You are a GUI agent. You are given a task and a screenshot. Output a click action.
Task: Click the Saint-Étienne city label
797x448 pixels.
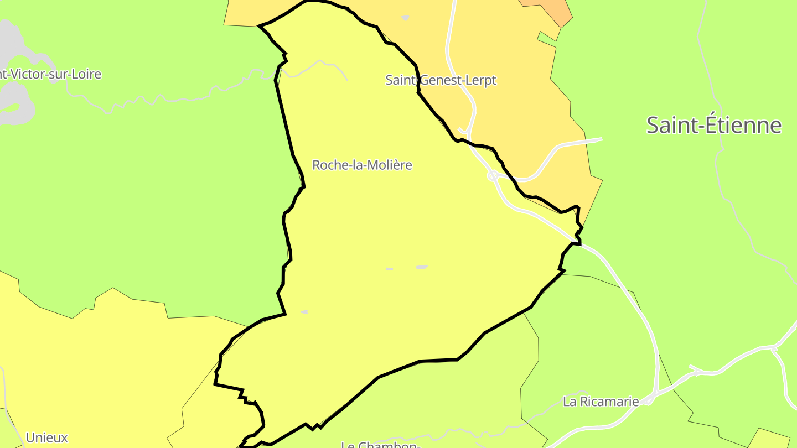pos(713,126)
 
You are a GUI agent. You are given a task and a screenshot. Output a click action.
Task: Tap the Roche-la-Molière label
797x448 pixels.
pos(362,165)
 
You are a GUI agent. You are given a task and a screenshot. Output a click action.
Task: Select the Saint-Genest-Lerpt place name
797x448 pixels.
pos(441,80)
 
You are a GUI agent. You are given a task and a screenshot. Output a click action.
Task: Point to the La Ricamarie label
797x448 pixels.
pos(601,402)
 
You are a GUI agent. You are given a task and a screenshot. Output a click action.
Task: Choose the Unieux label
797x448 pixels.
pos(46,437)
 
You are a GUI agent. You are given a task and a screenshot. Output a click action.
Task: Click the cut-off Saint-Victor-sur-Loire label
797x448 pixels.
pos(50,74)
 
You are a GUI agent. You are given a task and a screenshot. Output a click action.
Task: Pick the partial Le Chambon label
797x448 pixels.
pos(380,444)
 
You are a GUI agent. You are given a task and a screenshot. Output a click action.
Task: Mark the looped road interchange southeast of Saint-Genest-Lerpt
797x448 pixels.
pos(492,176)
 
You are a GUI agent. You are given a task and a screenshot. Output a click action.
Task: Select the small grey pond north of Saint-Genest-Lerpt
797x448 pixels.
pos(405,18)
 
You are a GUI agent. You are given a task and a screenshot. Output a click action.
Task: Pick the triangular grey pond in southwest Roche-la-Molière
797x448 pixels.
pos(304,312)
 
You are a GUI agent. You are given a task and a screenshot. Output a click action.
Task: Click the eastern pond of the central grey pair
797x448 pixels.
pos(422,267)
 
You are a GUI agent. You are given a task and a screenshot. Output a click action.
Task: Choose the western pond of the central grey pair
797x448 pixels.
pos(389,269)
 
